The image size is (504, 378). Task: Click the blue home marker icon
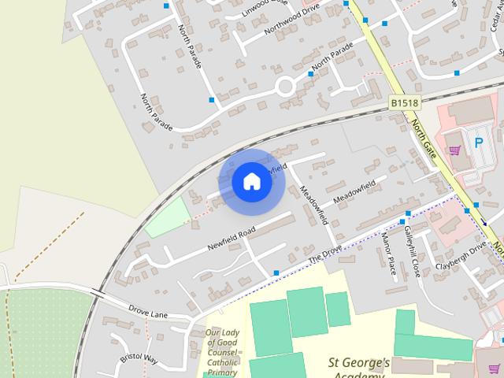[252, 181]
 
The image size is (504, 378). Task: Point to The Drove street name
[326, 254]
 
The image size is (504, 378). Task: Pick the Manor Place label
[388, 255]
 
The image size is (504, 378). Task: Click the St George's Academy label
[359, 366]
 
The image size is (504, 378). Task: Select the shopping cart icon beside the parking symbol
[454, 149]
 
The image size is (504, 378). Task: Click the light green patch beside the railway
[168, 217]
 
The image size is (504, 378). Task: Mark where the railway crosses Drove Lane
[97, 294]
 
